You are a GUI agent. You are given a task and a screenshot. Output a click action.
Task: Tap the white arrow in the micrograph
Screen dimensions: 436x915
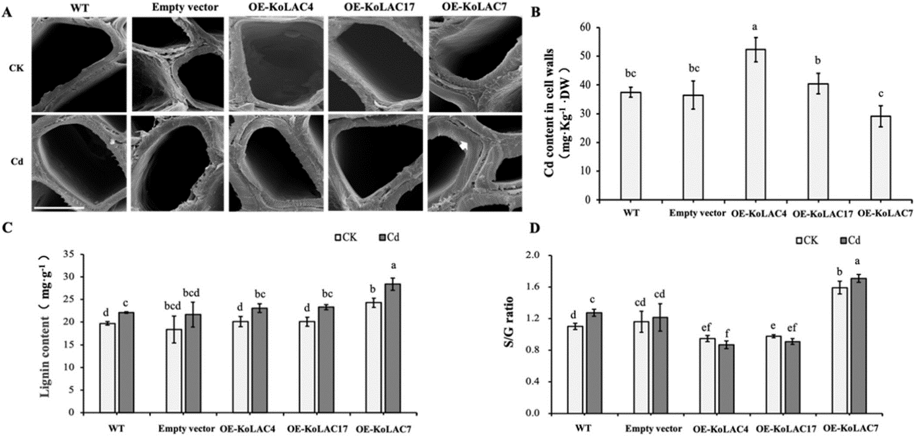click(x=464, y=150)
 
